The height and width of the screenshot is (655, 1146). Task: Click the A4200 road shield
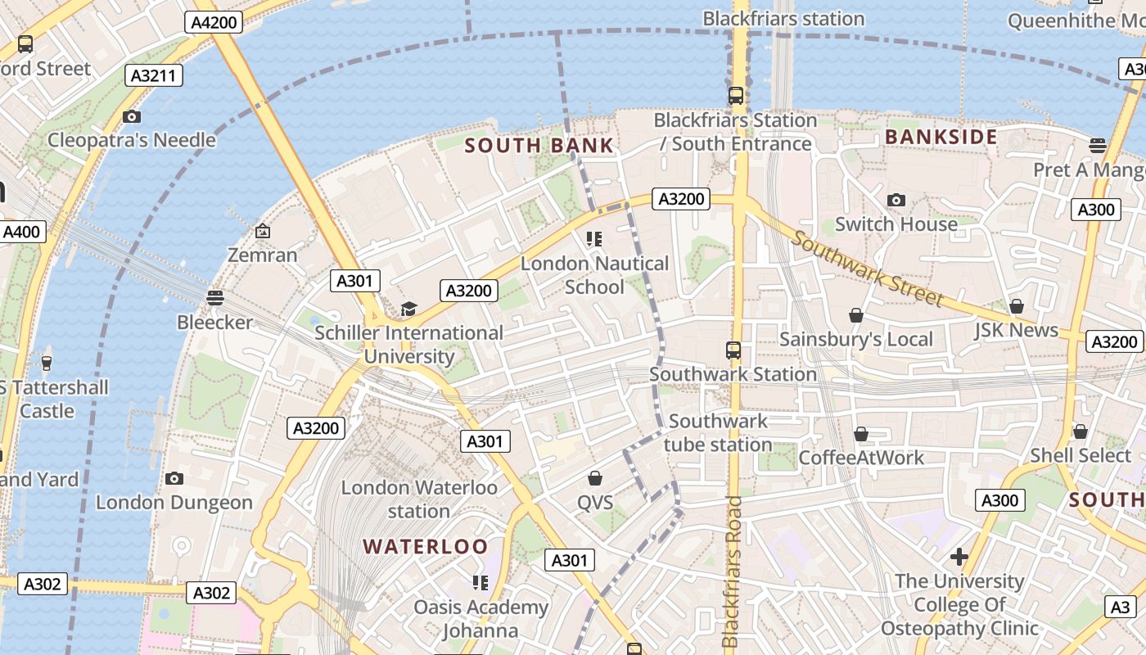point(214,22)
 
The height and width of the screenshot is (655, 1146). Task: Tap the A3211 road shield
point(154,76)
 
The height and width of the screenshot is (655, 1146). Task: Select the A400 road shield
point(21,232)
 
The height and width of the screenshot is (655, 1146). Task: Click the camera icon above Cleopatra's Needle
point(131,117)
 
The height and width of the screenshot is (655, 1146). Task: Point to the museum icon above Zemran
point(262,232)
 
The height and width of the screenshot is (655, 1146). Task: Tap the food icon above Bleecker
point(214,297)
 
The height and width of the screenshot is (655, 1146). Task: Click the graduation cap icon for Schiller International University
point(408,309)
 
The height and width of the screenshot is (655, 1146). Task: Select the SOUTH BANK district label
point(539,146)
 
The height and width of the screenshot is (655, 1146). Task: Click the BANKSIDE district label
point(941,137)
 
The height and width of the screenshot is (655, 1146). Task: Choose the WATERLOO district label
point(426,546)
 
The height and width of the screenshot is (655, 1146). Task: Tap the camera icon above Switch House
point(896,201)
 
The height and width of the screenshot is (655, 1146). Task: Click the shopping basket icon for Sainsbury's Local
point(856,315)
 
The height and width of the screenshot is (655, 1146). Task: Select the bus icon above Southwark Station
point(733,350)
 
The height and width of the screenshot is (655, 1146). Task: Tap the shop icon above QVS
point(595,478)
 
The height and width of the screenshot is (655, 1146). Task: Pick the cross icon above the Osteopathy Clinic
point(959,558)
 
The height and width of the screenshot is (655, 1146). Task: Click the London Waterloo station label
point(419,499)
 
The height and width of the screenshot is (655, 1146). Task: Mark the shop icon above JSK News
point(1016,306)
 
